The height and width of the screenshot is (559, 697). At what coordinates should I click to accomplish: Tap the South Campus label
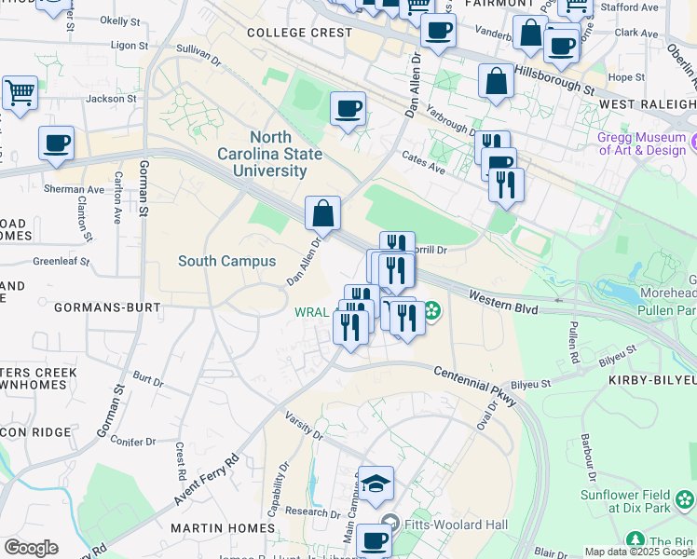tap(227, 261)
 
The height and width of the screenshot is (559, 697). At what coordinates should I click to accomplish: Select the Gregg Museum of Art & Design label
tap(642, 144)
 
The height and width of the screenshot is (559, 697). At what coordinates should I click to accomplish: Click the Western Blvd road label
tap(504, 298)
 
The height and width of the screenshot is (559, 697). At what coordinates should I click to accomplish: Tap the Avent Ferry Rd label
tap(206, 482)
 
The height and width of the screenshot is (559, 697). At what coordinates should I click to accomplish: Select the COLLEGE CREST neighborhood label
tap(300, 33)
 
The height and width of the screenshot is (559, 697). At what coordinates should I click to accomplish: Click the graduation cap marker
tap(376, 484)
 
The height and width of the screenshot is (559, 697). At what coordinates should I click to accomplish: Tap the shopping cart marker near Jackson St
tap(20, 92)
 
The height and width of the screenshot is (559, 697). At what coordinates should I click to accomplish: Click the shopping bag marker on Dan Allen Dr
tap(322, 213)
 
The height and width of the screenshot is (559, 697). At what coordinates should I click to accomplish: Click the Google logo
tap(31, 548)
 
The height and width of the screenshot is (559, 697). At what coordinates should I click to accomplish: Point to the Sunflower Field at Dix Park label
tap(637, 501)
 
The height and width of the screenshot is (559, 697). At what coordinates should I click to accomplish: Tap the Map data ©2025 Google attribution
tap(638, 552)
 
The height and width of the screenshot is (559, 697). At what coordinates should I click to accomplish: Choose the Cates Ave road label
tap(423, 163)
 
